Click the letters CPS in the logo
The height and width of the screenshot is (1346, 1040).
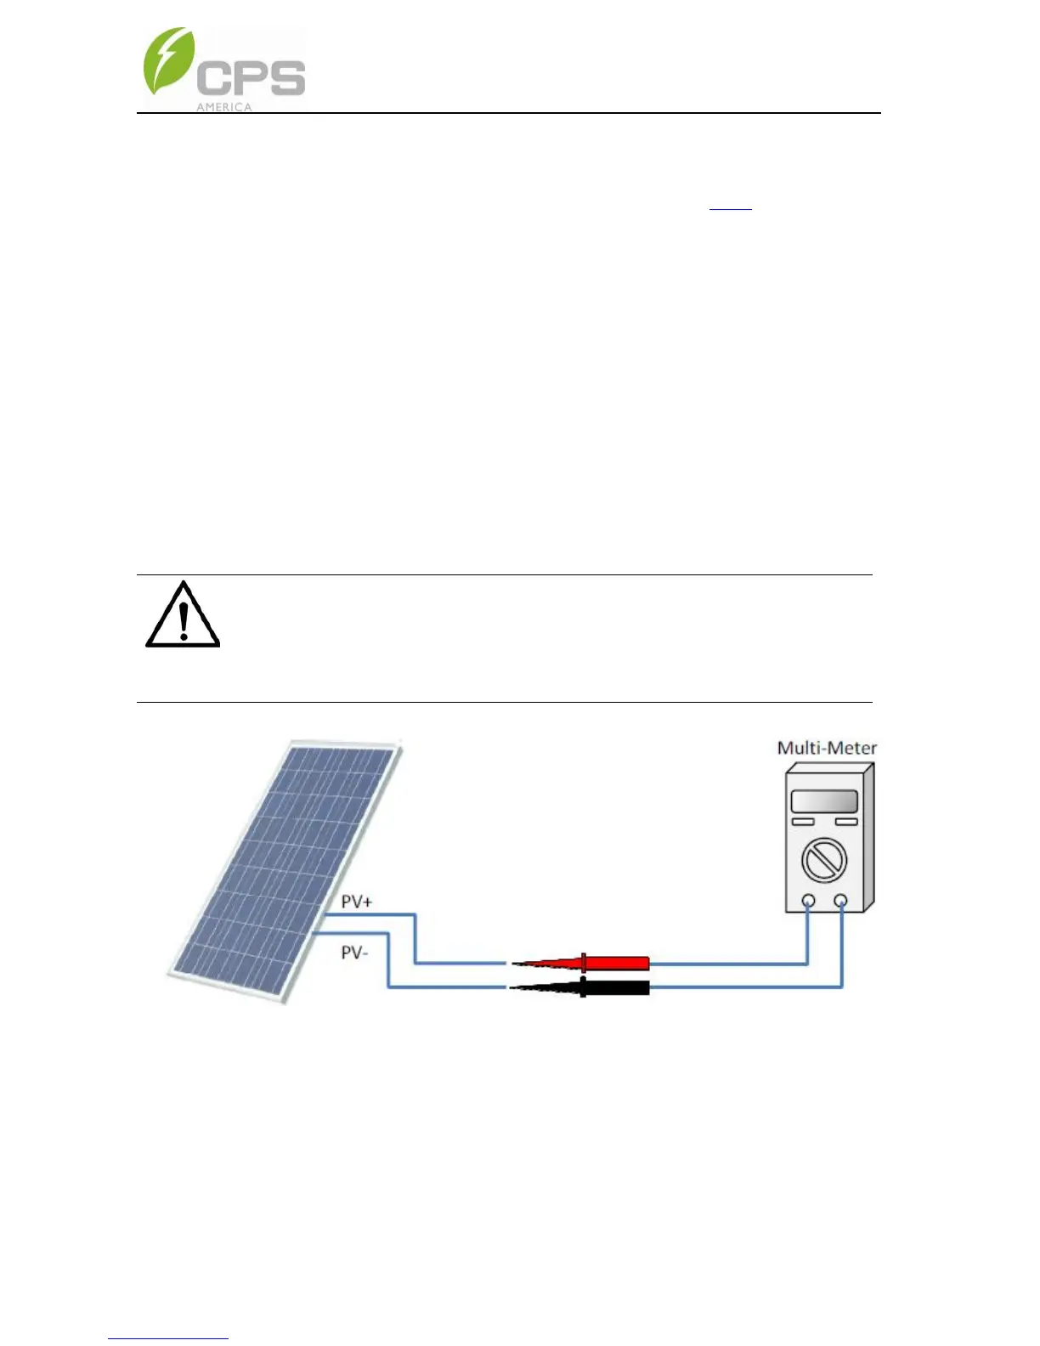[251, 78]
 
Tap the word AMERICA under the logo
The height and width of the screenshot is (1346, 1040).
[224, 107]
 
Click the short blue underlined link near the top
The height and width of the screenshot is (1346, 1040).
[731, 207]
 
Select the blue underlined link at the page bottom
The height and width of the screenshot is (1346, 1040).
[168, 1338]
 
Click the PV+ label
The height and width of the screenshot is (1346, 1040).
[356, 902]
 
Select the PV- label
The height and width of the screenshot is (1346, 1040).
[353, 953]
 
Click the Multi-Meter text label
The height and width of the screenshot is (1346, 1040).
[827, 748]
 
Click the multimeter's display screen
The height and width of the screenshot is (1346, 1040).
[824, 800]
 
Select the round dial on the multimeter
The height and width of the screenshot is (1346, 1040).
[824, 859]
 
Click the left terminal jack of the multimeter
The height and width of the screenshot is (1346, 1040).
[808, 901]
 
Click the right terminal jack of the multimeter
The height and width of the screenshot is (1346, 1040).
[840, 901]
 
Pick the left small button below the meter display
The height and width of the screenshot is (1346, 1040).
[803, 822]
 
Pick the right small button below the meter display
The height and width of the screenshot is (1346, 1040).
[845, 822]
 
